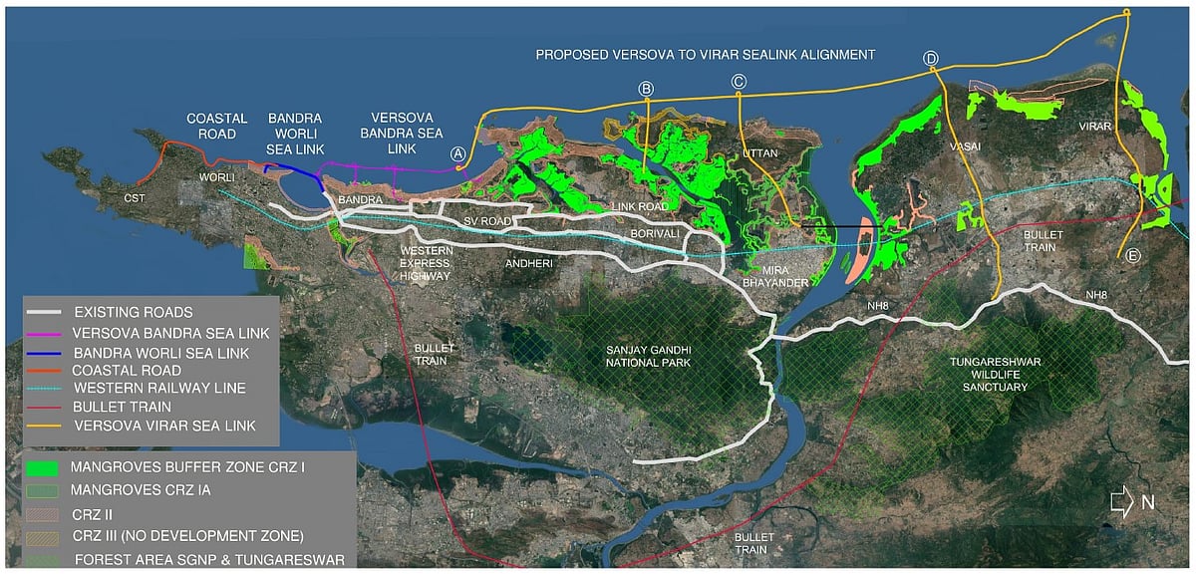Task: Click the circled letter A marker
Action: click(x=457, y=153)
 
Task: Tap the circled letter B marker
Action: click(x=646, y=90)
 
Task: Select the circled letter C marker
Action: click(x=739, y=82)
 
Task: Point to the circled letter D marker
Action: click(x=931, y=59)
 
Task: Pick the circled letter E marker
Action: click(x=1133, y=256)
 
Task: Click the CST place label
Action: click(x=134, y=197)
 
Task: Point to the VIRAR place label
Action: click(x=1093, y=128)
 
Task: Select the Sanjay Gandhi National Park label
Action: click(x=649, y=356)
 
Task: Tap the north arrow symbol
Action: click(x=1122, y=503)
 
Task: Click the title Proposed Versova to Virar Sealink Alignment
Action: click(x=705, y=54)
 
